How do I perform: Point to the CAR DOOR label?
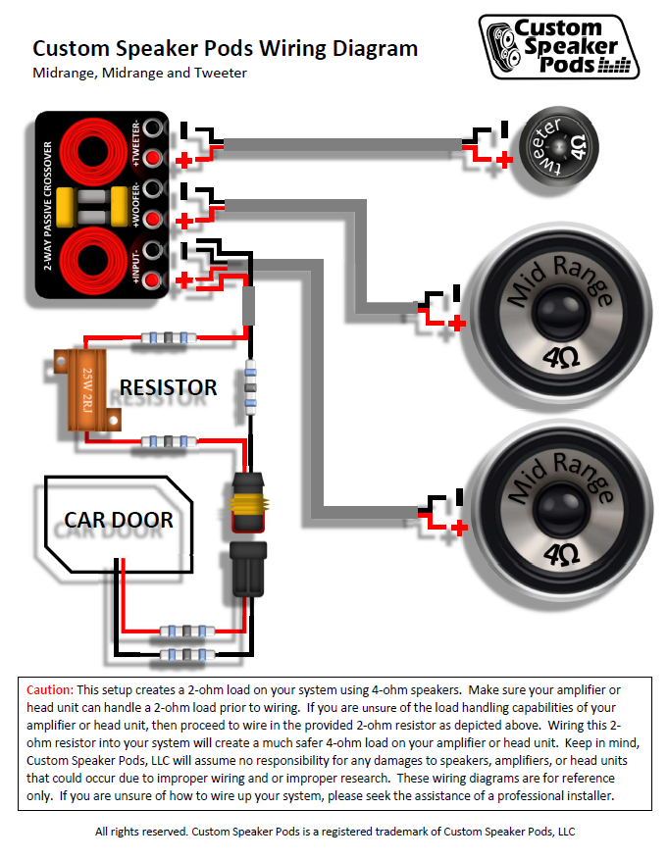[119, 520]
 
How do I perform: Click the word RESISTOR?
[168, 388]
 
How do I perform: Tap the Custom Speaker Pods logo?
[559, 45]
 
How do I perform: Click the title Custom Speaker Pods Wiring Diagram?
[226, 49]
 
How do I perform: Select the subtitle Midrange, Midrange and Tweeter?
[139, 73]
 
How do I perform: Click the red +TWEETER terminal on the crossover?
[152, 158]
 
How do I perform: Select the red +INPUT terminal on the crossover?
[152, 281]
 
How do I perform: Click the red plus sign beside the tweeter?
[504, 160]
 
